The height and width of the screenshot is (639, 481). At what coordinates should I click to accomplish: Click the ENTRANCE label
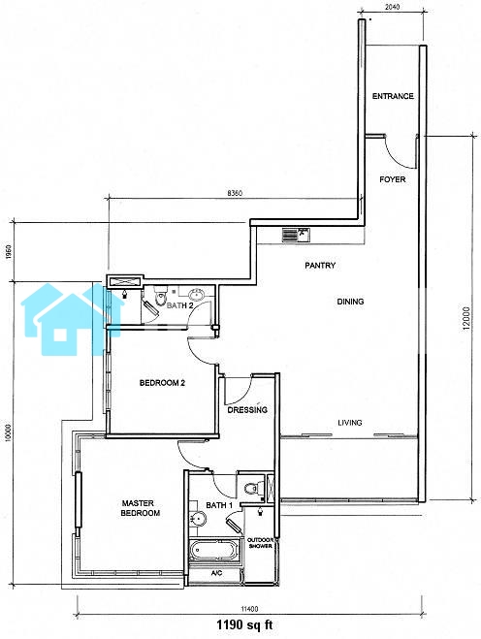pos(393,96)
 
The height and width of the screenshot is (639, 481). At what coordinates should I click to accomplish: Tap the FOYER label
pos(392,179)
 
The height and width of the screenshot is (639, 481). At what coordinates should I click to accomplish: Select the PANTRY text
pos(320,266)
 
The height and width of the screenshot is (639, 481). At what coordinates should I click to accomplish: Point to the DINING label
pos(350,302)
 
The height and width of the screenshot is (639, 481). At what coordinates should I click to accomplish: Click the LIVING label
pos(350,423)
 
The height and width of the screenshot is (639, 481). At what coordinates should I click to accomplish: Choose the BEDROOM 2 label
pos(162,383)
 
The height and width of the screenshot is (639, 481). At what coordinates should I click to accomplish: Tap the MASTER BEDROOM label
pos(141,508)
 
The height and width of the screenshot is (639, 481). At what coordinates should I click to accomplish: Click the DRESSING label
pos(247,410)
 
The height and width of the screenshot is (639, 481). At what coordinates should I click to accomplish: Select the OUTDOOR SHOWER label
pos(260,543)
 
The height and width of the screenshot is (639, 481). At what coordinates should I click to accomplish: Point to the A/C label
pos(216,573)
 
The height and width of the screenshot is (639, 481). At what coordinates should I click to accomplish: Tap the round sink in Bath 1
pos(198,519)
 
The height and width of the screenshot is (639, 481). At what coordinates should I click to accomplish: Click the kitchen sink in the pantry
pos(296,236)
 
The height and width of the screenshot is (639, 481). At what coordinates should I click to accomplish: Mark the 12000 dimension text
pos(466,317)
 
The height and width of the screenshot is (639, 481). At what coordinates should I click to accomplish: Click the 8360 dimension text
pos(235,193)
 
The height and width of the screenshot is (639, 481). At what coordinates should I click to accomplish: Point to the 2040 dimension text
pos(392,7)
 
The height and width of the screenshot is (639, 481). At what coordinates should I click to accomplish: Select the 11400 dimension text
pos(249,609)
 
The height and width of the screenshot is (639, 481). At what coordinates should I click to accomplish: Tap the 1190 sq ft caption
pos(244,624)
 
